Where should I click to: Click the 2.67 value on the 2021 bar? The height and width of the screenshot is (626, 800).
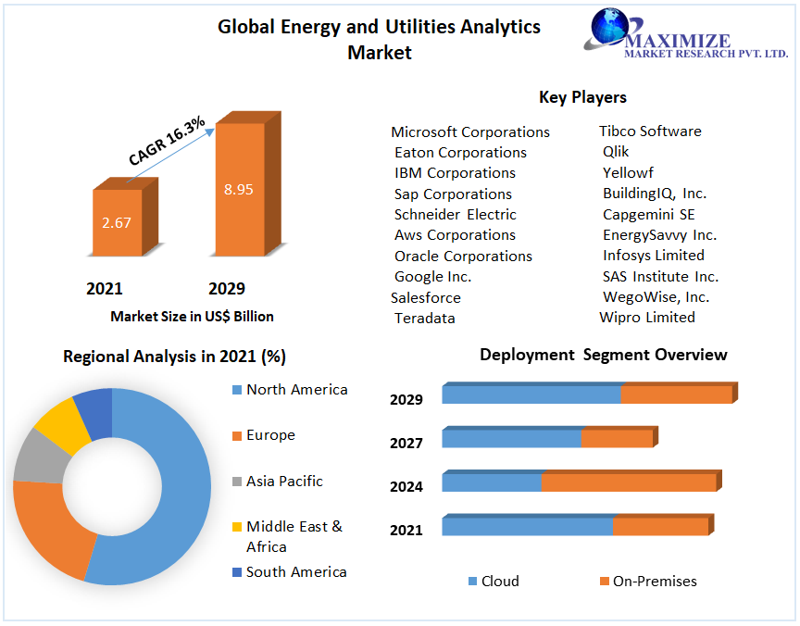tap(117, 222)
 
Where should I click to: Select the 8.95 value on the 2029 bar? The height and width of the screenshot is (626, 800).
tap(238, 189)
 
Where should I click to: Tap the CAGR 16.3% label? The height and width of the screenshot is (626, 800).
tap(168, 142)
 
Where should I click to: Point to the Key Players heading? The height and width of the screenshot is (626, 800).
tap(582, 97)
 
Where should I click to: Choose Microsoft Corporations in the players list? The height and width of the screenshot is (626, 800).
tap(470, 131)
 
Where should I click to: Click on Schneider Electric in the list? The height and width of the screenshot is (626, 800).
tap(455, 215)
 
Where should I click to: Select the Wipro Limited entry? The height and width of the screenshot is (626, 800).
tap(646, 317)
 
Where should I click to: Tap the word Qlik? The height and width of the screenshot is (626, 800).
tap(616, 152)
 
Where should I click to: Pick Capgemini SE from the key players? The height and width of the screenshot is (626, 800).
tap(648, 215)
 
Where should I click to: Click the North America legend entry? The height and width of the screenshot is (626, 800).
tap(296, 390)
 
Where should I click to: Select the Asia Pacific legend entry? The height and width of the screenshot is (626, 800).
tap(284, 482)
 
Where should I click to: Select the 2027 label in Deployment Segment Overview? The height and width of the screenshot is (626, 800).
tap(406, 444)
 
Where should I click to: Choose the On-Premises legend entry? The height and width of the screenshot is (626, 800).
tap(654, 582)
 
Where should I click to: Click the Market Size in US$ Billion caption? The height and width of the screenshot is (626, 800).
tap(192, 317)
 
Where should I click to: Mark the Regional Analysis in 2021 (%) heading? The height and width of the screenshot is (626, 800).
tap(174, 357)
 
